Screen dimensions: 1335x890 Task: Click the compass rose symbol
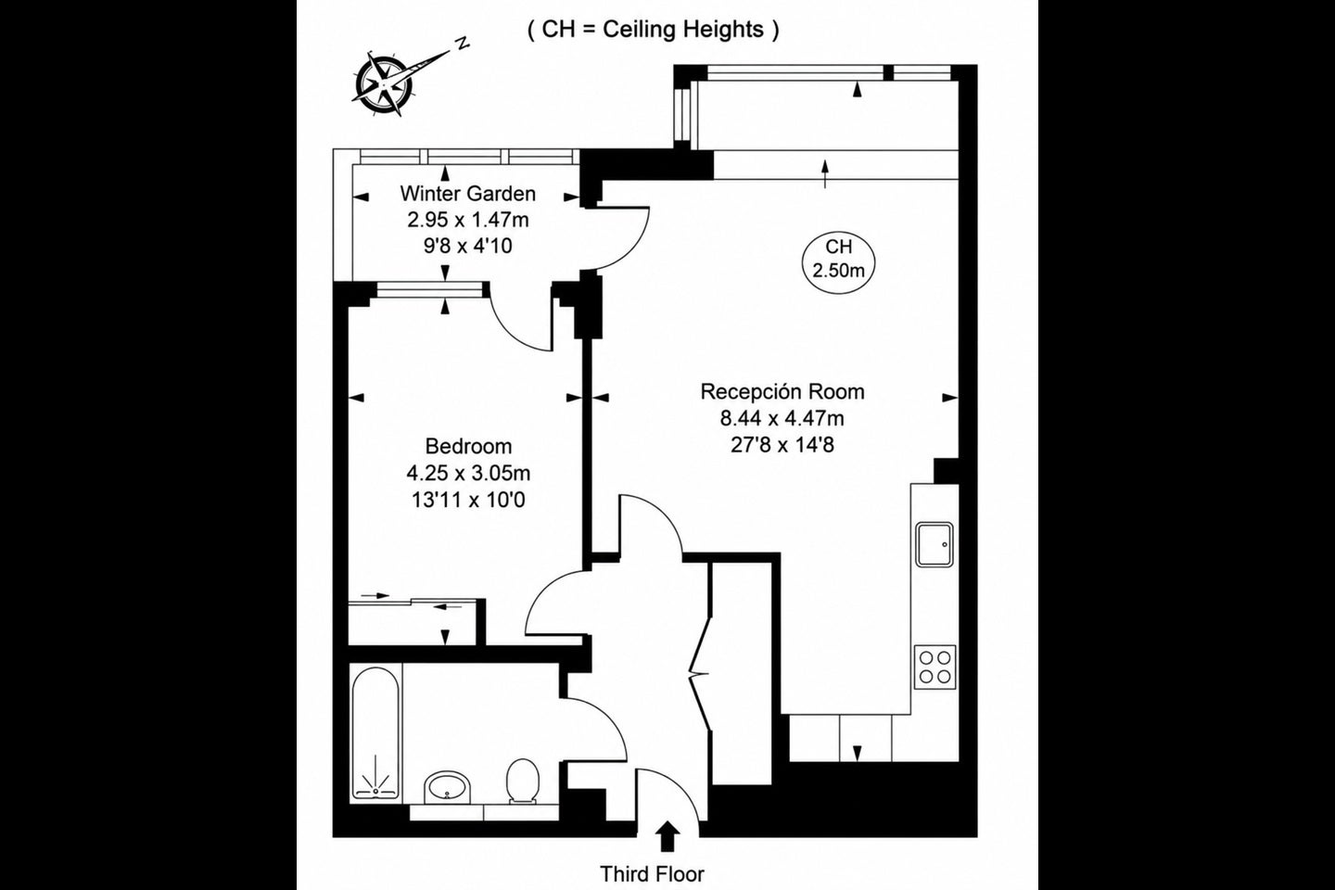coord(383,83)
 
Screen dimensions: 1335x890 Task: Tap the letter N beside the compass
coord(462,43)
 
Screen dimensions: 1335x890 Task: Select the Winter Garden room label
coord(468,194)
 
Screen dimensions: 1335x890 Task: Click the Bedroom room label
coord(468,446)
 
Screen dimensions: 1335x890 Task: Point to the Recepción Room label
coord(782,391)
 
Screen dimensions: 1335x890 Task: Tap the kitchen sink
coord(934,544)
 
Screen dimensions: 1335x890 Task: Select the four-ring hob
coord(934,667)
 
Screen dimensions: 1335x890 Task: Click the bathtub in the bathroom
coord(375,732)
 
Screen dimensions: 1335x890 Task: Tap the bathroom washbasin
coord(448,787)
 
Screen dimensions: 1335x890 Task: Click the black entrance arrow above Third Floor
coord(668,836)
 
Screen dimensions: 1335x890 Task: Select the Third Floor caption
coord(652,874)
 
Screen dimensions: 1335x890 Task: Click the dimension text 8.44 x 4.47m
coord(782,418)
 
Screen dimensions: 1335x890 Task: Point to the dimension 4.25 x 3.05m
coord(468,474)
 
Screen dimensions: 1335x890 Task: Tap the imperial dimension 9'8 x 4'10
coord(468,246)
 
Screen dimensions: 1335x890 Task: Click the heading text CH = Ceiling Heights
coord(654,30)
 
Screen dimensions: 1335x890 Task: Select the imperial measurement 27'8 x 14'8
coord(782,445)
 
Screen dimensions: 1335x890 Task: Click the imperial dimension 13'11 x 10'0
coord(468,500)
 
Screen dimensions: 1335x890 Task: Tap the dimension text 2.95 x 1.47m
coord(468,220)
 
